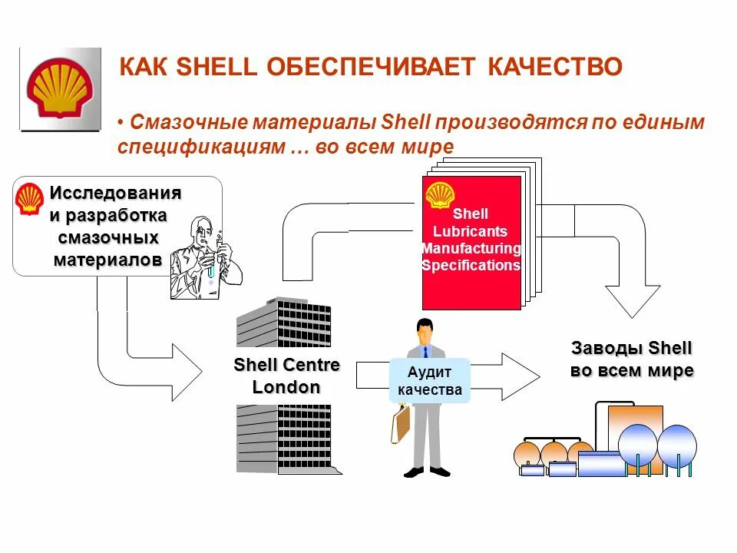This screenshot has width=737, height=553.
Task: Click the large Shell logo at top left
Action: click(x=61, y=89)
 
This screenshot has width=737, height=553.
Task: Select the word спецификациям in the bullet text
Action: click(x=201, y=146)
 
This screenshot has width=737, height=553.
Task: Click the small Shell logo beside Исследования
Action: click(x=30, y=198)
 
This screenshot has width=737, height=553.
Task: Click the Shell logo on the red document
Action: click(x=440, y=195)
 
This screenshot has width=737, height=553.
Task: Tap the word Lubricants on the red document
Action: click(x=471, y=231)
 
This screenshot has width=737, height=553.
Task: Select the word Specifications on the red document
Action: click(x=471, y=266)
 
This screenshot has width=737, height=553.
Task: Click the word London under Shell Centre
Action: click(x=286, y=387)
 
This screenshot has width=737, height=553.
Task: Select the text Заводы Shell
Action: click(x=631, y=348)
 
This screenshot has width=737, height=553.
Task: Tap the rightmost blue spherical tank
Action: click(x=677, y=445)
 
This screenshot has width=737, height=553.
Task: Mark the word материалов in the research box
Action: click(x=107, y=260)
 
